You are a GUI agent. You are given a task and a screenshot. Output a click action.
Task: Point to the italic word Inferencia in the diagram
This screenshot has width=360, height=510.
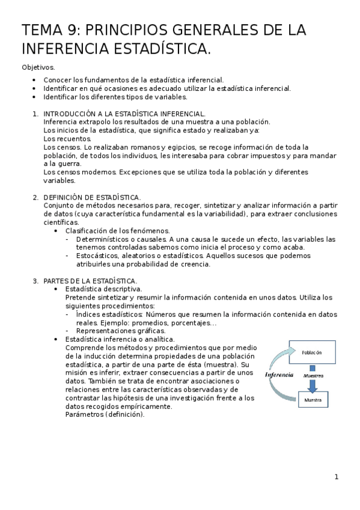[x=279, y=374]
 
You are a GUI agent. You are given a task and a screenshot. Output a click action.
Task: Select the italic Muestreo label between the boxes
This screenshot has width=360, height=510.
[x=313, y=375]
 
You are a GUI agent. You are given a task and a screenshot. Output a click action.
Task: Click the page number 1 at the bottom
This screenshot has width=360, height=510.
[x=337, y=477]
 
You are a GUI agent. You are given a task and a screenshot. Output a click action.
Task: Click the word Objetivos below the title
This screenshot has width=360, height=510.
[x=37, y=67]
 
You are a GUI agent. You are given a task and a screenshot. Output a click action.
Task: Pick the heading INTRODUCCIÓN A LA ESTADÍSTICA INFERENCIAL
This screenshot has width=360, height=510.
[x=124, y=113]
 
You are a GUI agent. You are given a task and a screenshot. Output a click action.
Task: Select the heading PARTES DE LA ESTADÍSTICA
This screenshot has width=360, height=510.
[x=90, y=280]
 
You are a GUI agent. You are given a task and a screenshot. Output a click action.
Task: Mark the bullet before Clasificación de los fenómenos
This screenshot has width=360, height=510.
[x=73, y=230]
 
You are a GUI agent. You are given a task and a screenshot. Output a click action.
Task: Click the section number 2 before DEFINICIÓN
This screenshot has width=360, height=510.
[x=35, y=197]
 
